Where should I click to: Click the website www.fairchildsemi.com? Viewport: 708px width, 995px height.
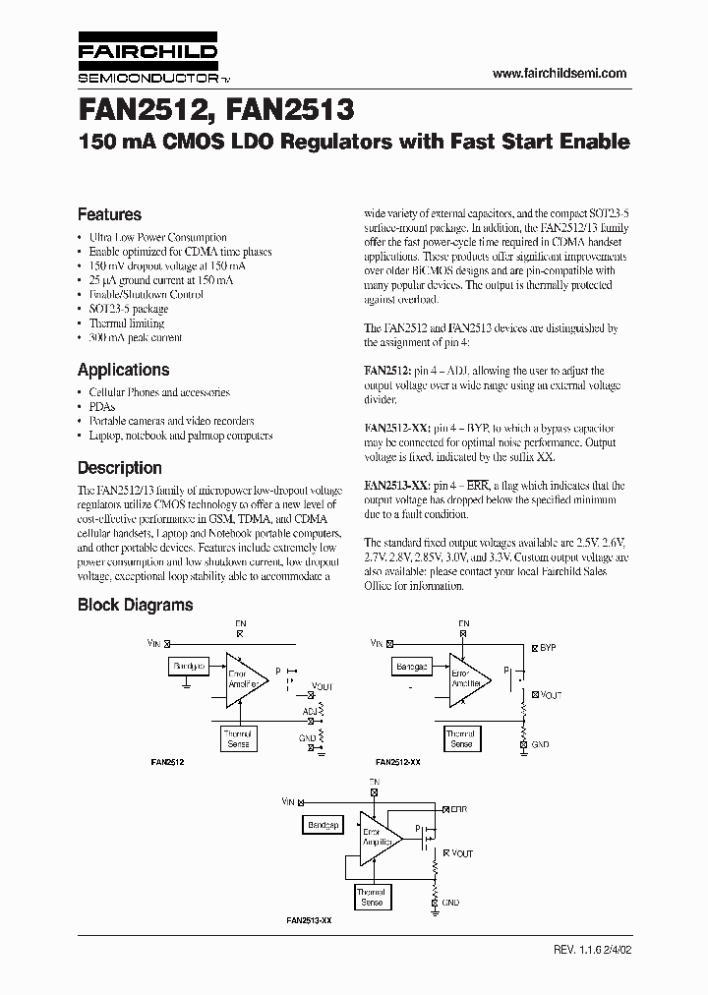559,74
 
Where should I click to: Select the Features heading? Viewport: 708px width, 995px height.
109,214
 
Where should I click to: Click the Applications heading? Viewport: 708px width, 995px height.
123,370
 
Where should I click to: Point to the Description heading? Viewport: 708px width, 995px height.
119,468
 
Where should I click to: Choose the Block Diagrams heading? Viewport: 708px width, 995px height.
135,606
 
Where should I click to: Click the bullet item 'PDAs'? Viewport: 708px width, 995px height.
101,406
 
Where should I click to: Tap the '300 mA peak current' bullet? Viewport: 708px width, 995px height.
136,337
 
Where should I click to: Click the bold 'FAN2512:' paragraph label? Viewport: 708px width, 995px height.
385,371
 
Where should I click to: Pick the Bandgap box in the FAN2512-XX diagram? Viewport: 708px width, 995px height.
412,667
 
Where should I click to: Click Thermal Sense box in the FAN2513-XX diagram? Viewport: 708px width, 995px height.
372,897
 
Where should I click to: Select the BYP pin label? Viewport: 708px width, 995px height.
549,649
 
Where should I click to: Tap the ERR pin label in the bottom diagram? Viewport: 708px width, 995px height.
459,808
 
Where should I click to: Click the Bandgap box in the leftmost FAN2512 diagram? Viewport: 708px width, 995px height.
188,667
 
